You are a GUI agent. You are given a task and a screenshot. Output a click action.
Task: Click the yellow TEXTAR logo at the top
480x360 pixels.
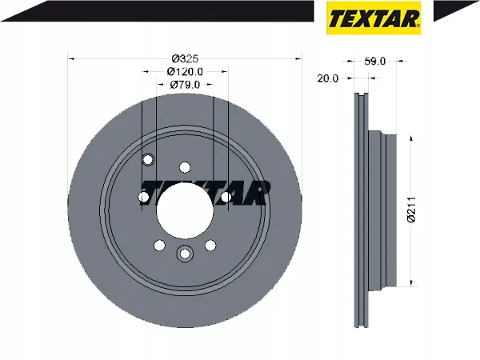(x=374, y=18)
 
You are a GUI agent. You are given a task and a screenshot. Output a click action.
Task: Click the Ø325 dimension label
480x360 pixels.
(x=185, y=58)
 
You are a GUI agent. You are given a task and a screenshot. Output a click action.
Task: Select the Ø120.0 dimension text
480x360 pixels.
(x=185, y=72)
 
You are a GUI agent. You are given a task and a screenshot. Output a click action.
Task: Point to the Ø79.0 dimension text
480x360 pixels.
(x=185, y=85)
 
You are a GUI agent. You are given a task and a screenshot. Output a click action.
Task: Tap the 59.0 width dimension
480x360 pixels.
(x=375, y=62)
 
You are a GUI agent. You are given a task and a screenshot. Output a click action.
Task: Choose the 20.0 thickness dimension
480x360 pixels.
(x=328, y=78)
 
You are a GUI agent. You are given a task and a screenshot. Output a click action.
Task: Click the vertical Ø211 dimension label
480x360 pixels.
(x=412, y=210)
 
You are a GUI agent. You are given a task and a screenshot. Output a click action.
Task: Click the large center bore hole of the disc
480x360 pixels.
(x=185, y=211)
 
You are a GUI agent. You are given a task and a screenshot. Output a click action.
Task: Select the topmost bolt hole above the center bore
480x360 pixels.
(x=185, y=167)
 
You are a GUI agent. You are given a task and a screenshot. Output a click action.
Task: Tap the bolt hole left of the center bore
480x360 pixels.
(x=144, y=198)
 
